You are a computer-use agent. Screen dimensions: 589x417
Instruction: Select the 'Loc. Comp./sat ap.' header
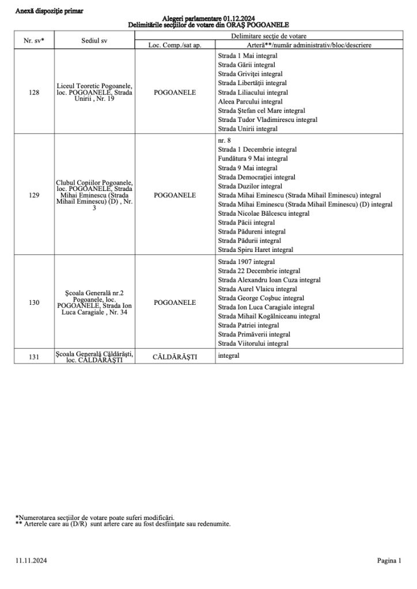click(x=175, y=44)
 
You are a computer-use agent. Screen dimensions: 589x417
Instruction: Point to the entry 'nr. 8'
click(x=225, y=140)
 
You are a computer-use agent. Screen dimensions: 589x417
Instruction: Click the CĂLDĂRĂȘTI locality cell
click(x=175, y=357)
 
